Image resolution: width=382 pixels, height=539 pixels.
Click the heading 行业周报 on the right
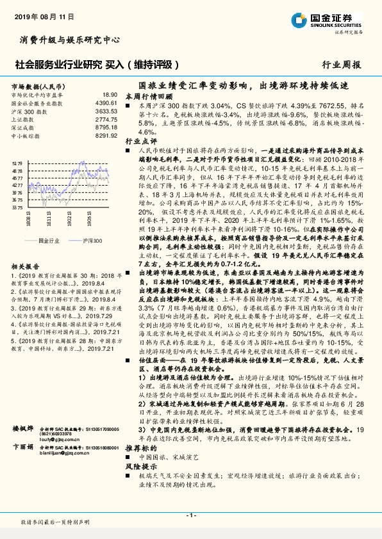342,65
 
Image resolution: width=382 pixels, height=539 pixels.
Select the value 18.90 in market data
110,94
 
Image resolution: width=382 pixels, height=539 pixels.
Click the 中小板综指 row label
26,136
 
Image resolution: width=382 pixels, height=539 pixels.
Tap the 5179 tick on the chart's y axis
17,164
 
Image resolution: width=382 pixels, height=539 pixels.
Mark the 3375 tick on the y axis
17,207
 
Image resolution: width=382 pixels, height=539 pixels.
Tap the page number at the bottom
190,515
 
